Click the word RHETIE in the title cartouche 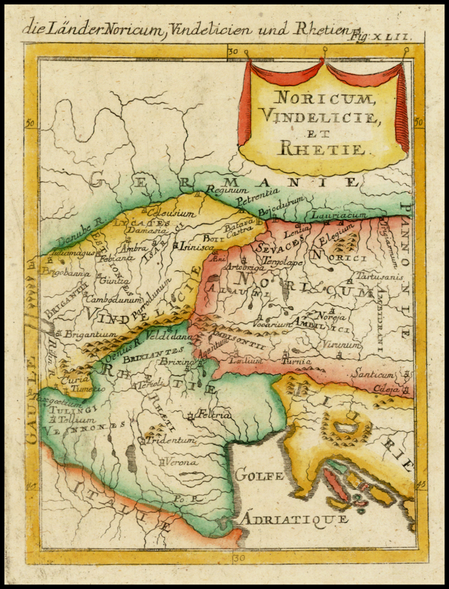tap(321, 149)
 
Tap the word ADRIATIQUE tap(295, 519)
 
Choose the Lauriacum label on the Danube tap(338, 215)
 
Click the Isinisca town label tap(194, 246)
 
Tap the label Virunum tap(342, 346)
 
